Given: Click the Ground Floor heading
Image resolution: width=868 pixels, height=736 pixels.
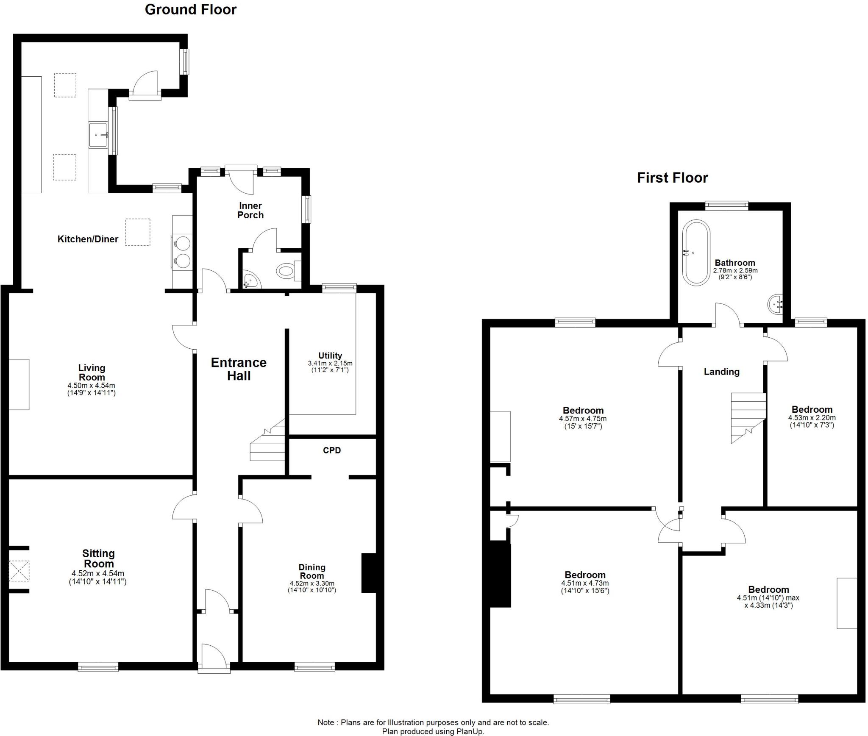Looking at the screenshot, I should (190, 10).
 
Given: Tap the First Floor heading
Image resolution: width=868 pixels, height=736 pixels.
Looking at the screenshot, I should (672, 178).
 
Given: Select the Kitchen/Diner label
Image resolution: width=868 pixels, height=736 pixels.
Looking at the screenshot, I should (88, 239).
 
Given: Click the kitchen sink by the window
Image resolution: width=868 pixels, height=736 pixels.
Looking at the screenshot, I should (98, 135).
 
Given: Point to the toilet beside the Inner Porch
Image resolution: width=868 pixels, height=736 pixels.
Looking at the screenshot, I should (287, 270).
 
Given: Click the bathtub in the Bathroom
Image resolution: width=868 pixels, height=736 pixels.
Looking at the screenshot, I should (696, 252).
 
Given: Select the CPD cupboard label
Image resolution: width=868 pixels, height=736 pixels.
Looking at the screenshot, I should (331, 450).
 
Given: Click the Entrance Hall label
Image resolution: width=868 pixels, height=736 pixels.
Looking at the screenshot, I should (239, 369).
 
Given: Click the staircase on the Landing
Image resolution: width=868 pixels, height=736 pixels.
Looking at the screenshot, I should (748, 416).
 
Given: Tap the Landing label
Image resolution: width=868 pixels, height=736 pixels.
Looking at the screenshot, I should (721, 372).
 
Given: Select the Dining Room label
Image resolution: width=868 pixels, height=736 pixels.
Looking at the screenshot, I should (312, 571).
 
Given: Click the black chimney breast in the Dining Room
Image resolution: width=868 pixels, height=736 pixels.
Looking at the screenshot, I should (368, 573).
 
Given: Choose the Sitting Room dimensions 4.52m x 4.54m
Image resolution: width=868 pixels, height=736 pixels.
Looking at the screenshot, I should (98, 578).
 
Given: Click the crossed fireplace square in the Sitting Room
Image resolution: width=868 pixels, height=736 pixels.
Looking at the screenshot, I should (19, 570).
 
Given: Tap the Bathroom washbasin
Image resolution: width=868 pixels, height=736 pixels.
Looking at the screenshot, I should (775, 303).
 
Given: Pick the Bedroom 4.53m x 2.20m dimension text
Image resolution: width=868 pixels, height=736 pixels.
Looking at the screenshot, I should (812, 421).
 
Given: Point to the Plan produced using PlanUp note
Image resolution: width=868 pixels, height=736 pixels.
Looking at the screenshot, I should (433, 731).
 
